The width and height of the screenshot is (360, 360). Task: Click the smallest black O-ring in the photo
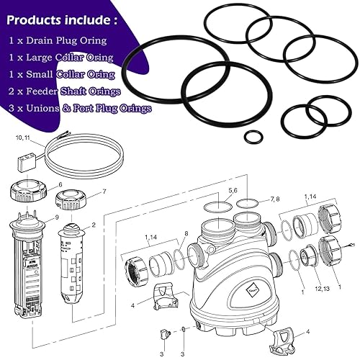[253, 136]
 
